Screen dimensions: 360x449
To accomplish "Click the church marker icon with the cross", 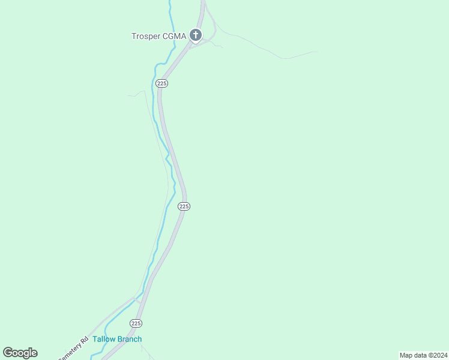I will [x=195, y=35].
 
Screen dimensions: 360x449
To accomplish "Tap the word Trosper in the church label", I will [x=146, y=36].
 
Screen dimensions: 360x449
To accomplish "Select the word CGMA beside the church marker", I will [x=175, y=36].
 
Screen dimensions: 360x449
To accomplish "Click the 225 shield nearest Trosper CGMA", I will [x=161, y=83].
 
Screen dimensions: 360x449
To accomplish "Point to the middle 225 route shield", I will [x=184, y=206].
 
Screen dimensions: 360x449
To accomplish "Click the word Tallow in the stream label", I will [x=103, y=339].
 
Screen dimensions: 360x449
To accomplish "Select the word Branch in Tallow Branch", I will [x=129, y=339].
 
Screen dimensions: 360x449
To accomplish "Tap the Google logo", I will [x=20, y=353].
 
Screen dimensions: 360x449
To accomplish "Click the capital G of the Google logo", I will [x=8, y=353].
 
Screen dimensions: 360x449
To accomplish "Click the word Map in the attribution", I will [x=406, y=355].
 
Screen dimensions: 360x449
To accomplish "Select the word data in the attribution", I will [x=420, y=355].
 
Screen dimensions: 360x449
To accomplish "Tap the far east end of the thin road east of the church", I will [x=316, y=52].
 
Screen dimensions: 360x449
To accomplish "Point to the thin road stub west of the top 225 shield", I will [x=135, y=94].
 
